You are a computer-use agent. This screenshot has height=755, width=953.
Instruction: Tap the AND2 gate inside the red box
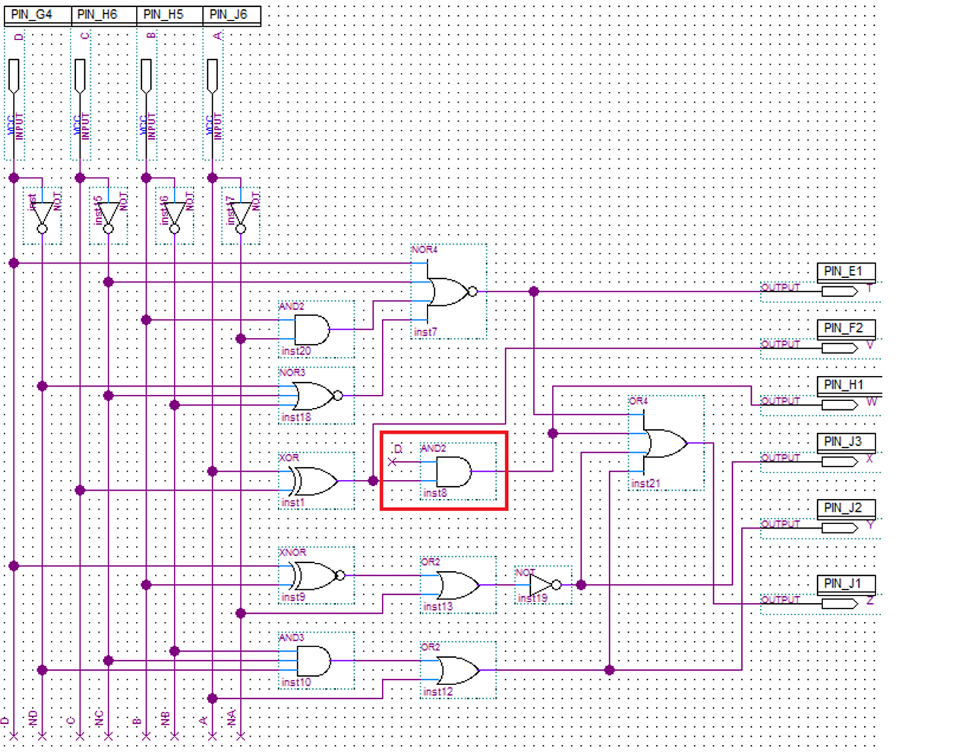[x=453, y=472]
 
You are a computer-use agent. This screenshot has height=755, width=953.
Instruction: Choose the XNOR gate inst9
[x=314, y=576]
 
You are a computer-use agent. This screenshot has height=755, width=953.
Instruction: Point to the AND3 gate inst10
[x=314, y=661]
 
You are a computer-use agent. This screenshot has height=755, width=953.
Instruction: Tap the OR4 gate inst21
[x=664, y=443]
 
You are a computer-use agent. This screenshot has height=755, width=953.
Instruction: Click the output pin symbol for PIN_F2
[x=839, y=348]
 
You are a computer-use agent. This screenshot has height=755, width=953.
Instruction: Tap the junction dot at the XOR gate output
[x=373, y=481]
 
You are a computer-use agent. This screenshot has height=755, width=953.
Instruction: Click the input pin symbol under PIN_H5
[x=147, y=77]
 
